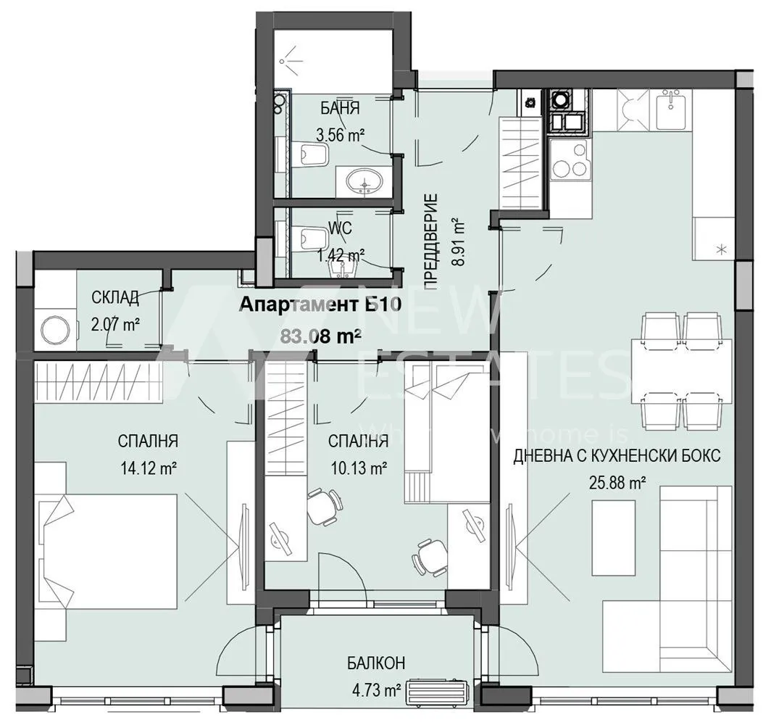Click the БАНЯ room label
tap(340, 109)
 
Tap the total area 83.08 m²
tap(320, 335)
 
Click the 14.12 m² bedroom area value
tap(150, 468)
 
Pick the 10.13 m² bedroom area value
tap(357, 468)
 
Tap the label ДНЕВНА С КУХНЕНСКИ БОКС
tap(617, 457)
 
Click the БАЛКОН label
tap(375, 663)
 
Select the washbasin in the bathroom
tap(362, 181)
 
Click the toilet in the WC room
tap(314, 236)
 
